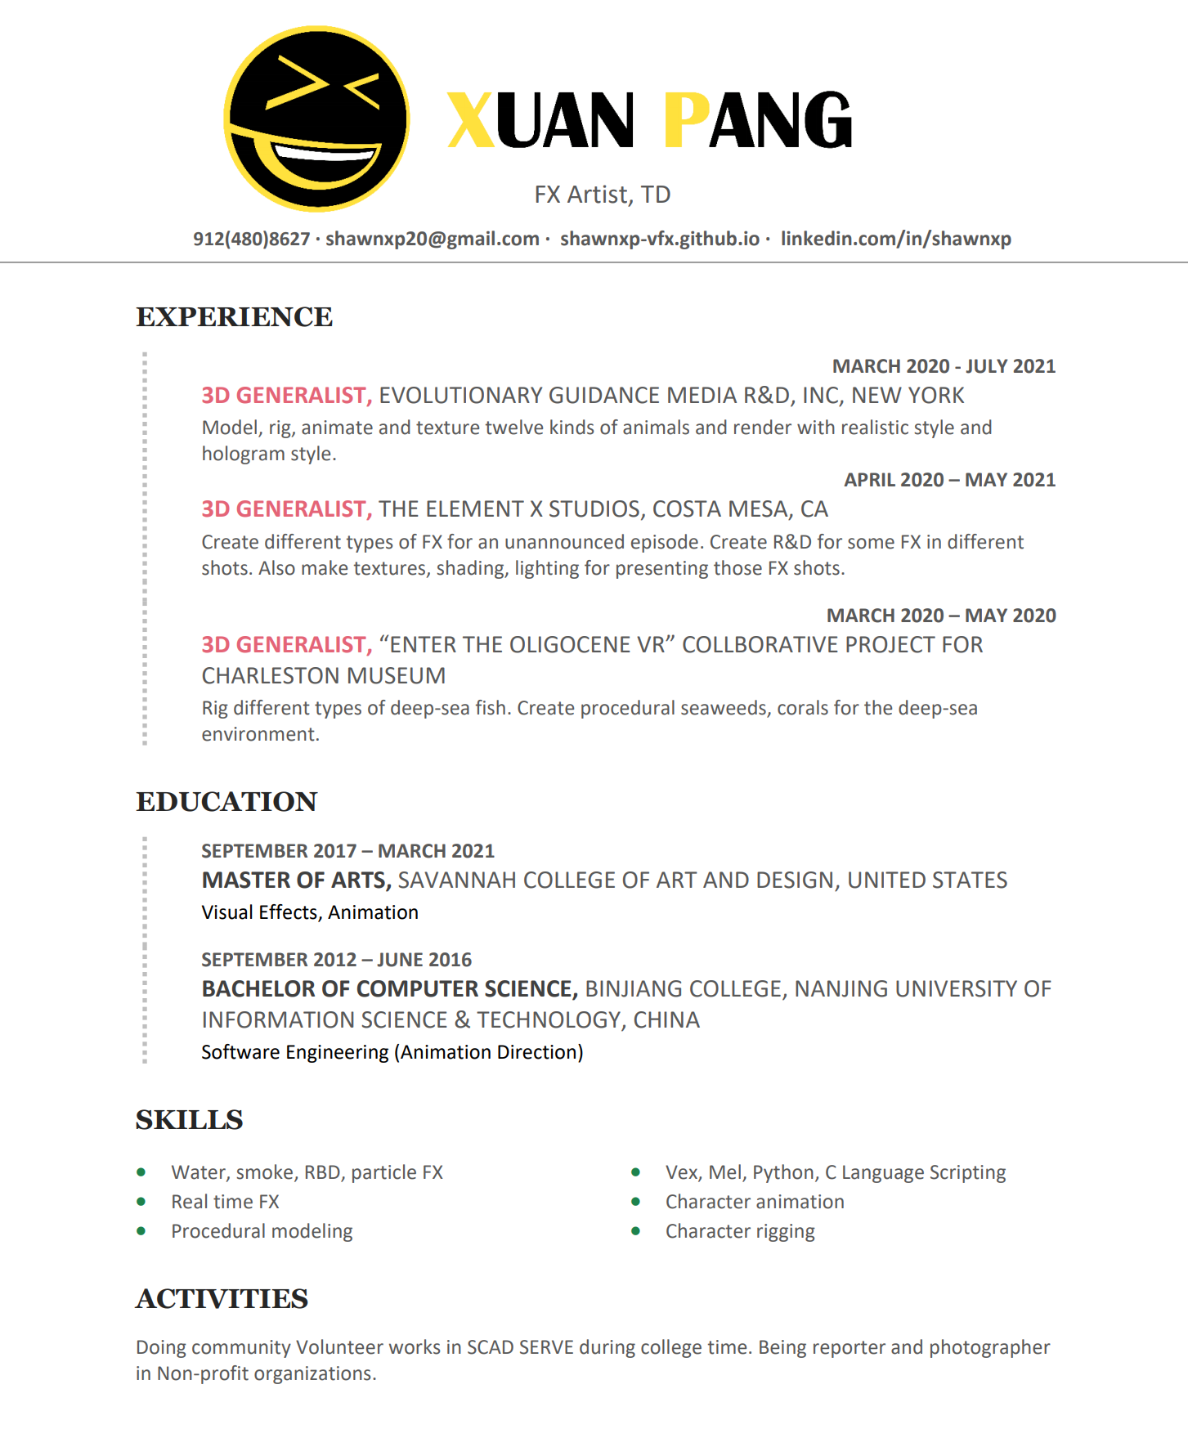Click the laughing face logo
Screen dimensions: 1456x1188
[x=316, y=119]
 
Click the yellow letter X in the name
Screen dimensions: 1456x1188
[x=471, y=120]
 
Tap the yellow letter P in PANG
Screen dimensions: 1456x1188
[x=685, y=120]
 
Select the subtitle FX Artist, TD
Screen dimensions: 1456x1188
[x=602, y=195]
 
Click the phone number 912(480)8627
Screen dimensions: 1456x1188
[x=251, y=239]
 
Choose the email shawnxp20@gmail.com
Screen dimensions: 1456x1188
[x=432, y=239]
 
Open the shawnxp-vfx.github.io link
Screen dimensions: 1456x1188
[x=659, y=239]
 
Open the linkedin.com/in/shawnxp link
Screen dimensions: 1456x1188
[x=895, y=239]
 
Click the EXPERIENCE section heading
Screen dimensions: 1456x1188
[x=234, y=317]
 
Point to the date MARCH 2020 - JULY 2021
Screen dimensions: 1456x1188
[x=944, y=366]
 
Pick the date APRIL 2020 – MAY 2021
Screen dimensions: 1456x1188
[x=949, y=480]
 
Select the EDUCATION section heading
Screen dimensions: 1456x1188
[x=226, y=802]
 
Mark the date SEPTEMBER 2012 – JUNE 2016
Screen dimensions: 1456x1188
[x=336, y=960]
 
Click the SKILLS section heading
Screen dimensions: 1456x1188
[x=189, y=1120]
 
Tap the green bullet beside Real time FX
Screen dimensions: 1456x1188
[x=141, y=1202]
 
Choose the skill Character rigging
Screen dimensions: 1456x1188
[x=740, y=1231]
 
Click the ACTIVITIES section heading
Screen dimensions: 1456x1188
[x=222, y=1299]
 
